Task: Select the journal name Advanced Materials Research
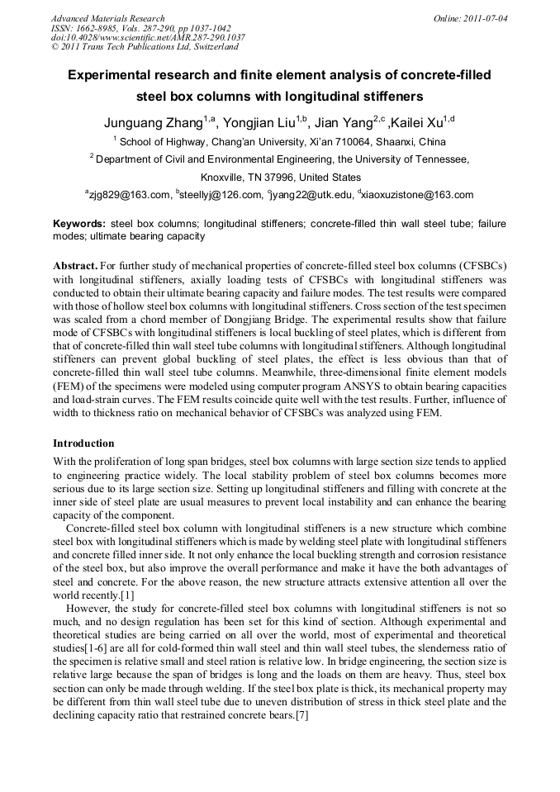click(x=107, y=18)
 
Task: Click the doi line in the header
click(x=147, y=38)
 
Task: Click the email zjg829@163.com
click(x=128, y=195)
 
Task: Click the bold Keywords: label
click(x=79, y=224)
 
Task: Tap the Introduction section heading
click(x=83, y=443)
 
